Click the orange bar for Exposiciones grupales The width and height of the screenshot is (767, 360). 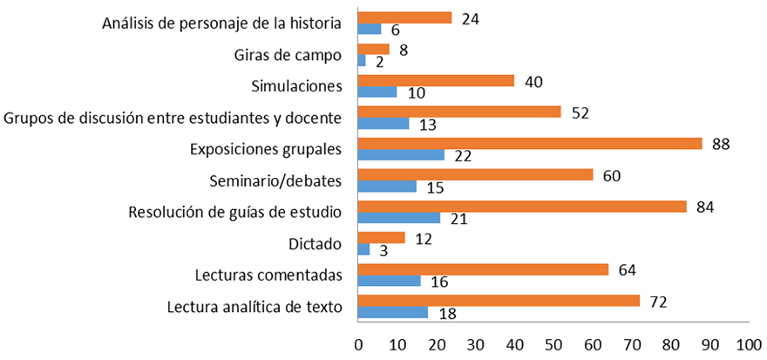(530, 144)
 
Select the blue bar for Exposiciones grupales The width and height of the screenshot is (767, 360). (401, 155)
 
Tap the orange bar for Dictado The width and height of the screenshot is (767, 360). (382, 238)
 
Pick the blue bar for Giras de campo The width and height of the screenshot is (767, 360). (362, 60)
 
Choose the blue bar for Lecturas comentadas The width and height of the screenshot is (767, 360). (390, 281)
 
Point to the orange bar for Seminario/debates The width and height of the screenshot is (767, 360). (475, 175)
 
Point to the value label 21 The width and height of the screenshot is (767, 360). (458, 219)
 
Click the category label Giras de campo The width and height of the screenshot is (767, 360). (288, 55)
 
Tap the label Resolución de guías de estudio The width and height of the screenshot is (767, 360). (234, 212)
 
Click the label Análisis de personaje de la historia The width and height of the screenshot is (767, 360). (221, 24)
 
